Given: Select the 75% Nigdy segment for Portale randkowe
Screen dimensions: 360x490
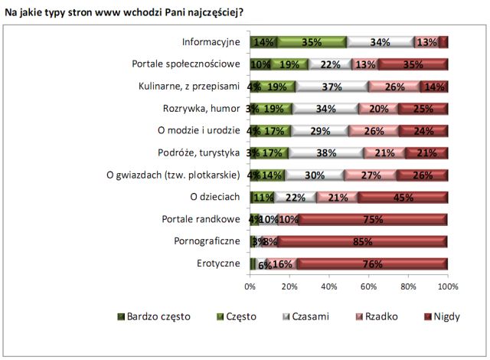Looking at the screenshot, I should [x=374, y=220].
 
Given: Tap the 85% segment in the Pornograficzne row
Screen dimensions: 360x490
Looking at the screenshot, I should [x=363, y=242].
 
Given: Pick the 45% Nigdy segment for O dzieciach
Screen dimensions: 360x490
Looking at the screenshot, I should [x=403, y=198].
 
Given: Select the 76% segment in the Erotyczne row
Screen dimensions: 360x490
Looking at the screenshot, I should [x=373, y=264].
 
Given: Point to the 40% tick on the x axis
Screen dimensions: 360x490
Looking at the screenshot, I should [x=329, y=286].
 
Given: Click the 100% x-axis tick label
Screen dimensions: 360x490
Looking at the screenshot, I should [x=447, y=286].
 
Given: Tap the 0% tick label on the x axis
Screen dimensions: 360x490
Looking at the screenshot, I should [x=250, y=286].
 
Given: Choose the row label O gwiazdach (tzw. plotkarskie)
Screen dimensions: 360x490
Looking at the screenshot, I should [x=175, y=175].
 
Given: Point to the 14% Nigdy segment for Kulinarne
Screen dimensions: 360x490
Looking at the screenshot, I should [x=434, y=87].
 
